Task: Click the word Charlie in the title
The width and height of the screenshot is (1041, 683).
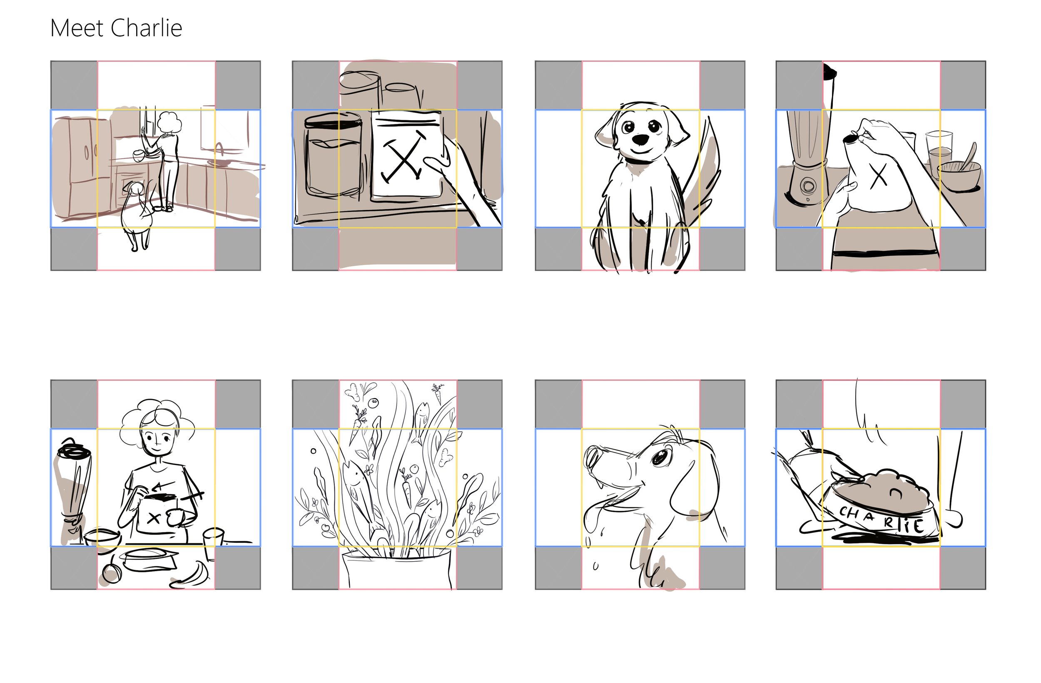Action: (146, 28)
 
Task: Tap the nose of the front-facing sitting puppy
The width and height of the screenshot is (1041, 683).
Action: (641, 139)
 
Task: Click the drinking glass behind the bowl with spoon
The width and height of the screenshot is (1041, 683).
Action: (939, 153)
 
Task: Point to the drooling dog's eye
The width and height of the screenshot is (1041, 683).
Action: (660, 457)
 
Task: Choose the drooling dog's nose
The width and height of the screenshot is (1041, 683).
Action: (593, 458)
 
